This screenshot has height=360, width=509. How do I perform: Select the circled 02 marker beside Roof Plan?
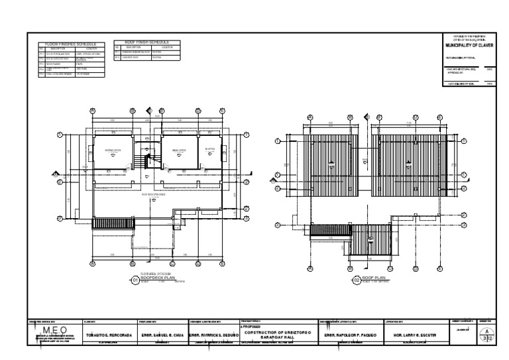(357, 280)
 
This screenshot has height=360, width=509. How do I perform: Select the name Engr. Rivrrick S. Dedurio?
(213, 335)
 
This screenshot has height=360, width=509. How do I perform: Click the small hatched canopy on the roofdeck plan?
(104, 225)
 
